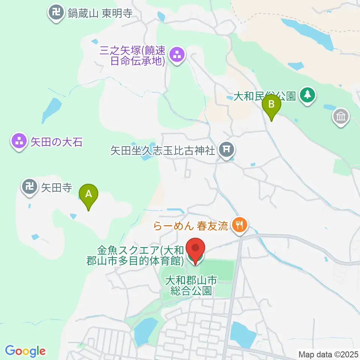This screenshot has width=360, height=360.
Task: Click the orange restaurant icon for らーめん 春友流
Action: click(x=239, y=225)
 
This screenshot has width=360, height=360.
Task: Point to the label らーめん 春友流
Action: click(x=191, y=226)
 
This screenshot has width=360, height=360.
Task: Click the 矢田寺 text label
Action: click(x=56, y=187)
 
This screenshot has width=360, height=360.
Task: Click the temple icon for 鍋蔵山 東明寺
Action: click(x=57, y=13)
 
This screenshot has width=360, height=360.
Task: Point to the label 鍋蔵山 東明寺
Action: click(x=100, y=14)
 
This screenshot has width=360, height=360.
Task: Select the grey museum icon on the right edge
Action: click(x=341, y=117)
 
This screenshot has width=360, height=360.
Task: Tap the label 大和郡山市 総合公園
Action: click(x=191, y=285)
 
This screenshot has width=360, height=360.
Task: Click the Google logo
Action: click(x=25, y=351)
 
